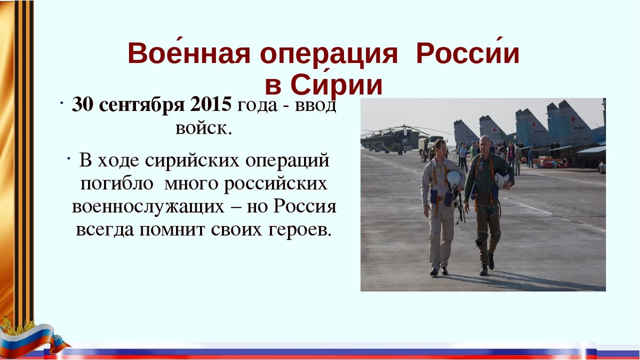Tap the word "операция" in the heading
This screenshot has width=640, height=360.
(329, 55)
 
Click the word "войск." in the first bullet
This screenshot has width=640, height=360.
(203, 129)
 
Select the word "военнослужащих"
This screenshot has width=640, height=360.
(148, 207)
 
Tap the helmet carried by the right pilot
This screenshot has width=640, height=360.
(502, 181)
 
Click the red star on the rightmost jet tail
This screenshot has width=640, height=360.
(573, 119)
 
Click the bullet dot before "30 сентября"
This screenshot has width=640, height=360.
(61, 103)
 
